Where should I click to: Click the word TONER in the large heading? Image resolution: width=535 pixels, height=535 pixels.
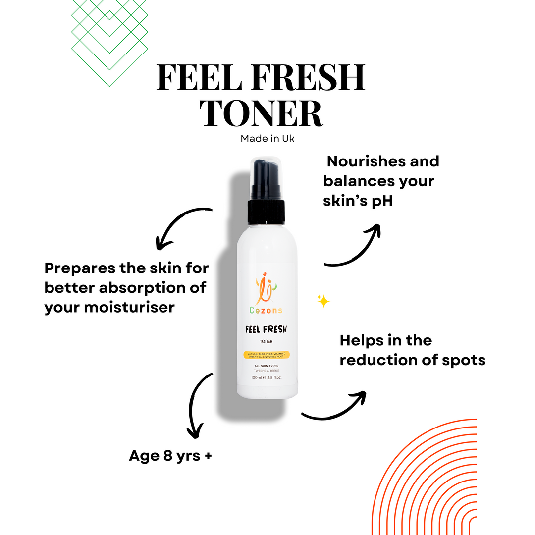point(261,112)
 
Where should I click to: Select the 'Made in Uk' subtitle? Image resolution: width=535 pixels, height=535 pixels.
point(267,139)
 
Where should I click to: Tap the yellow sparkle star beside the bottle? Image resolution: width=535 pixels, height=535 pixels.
point(323,301)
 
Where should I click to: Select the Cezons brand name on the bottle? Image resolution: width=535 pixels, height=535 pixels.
point(266,310)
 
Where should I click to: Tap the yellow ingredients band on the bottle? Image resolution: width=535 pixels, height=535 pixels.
point(266,355)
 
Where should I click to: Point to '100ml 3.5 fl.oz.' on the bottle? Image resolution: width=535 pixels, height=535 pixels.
point(266,378)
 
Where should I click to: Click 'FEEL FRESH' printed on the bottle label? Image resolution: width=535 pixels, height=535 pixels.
point(266,329)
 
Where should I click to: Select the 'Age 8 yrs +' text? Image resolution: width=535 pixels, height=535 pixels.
point(170,455)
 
